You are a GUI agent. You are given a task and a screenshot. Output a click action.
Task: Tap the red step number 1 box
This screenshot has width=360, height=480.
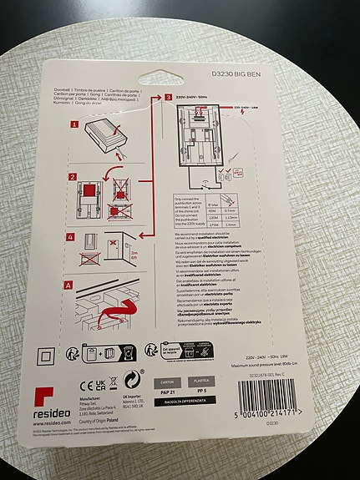(74, 124)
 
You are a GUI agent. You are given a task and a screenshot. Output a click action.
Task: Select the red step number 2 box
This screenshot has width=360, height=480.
(73, 177)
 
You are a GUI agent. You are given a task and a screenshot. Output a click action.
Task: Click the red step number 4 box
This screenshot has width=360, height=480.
(73, 237)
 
